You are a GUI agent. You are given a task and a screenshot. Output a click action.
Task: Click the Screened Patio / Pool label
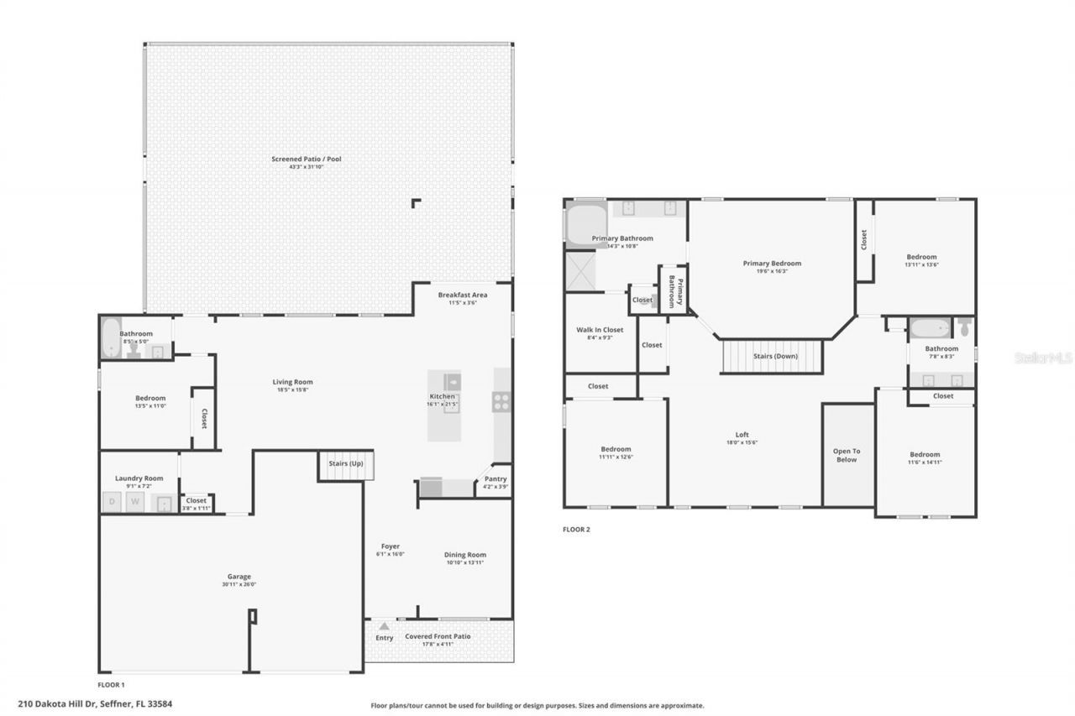tap(306, 159)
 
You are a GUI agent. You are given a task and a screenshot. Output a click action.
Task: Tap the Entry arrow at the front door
tap(384, 626)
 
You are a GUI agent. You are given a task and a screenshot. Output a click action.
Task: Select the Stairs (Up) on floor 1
tap(345, 465)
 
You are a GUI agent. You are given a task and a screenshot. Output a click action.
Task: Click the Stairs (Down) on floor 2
tap(774, 356)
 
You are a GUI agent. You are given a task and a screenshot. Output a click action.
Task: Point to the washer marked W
tap(134, 503)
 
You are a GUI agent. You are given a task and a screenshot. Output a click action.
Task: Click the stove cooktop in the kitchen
tap(501, 402)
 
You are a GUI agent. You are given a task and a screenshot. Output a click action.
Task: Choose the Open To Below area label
tap(847, 455)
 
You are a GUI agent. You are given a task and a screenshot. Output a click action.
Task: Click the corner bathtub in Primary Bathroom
tap(585, 224)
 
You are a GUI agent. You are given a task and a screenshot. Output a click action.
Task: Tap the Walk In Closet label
tap(600, 330)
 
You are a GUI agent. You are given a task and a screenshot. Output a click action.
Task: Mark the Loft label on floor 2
tap(742, 435)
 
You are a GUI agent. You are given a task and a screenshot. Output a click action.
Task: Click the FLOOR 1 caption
tap(111, 685)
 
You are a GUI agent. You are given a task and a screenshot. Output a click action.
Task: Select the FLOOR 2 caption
tap(576, 530)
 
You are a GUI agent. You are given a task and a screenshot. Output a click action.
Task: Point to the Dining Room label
tap(465, 555)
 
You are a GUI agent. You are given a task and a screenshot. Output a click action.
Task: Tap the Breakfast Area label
tap(462, 295)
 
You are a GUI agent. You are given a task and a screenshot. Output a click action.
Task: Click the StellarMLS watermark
tap(1043, 358)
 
